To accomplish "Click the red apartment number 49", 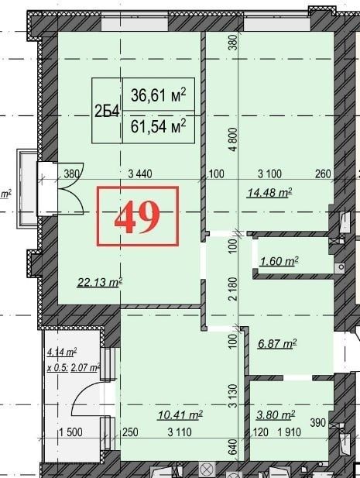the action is coord(137,217).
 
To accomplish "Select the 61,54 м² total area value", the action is coord(158,126).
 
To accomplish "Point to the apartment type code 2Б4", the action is coord(107,112).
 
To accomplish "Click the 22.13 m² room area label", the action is coord(100,282).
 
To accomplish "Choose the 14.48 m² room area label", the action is coord(270,192).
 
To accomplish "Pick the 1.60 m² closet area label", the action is coord(279,261).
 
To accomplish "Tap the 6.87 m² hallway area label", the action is coord(277,344).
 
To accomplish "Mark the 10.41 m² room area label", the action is coord(180,414).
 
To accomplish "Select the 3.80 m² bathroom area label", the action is coord(276,414).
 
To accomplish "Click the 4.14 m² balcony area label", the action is coord(61,352).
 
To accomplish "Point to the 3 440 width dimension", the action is coord(140,174).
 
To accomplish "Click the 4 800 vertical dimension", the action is coord(233,139).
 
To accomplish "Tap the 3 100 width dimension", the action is coord(270,174).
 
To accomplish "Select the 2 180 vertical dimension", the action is coord(233,289).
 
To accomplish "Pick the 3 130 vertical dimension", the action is coord(233,396).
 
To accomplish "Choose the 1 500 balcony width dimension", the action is coord(70,432).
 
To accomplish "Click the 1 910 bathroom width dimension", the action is coord(289,432).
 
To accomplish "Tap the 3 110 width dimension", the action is coord(180,432).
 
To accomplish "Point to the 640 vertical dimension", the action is coord(233,446).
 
